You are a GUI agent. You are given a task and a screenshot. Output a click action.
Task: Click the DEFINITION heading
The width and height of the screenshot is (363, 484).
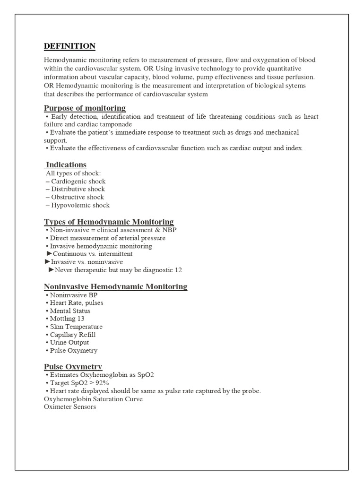(x=69, y=46)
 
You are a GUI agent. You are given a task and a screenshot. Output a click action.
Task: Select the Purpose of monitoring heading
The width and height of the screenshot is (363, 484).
(x=85, y=108)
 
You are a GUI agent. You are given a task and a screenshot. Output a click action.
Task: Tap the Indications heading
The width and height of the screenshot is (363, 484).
(x=66, y=164)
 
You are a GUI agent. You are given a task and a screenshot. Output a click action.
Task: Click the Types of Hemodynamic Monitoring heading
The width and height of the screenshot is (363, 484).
(x=109, y=222)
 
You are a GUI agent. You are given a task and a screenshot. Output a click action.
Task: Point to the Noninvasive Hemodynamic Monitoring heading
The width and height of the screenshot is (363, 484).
(x=115, y=286)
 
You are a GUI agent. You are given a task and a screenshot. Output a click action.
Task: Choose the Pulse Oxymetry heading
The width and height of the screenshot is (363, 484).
(x=73, y=367)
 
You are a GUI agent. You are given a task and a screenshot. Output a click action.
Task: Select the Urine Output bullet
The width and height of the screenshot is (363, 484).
(x=69, y=343)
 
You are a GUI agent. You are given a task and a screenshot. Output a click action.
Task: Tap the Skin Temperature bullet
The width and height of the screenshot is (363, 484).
(x=76, y=327)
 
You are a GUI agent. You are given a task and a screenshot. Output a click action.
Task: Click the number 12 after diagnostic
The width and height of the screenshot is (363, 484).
(x=178, y=270)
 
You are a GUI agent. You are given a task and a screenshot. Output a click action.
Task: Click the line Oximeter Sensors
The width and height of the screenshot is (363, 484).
(x=70, y=407)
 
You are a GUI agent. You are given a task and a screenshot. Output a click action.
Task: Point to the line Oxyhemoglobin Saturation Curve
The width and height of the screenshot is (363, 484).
(x=93, y=399)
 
